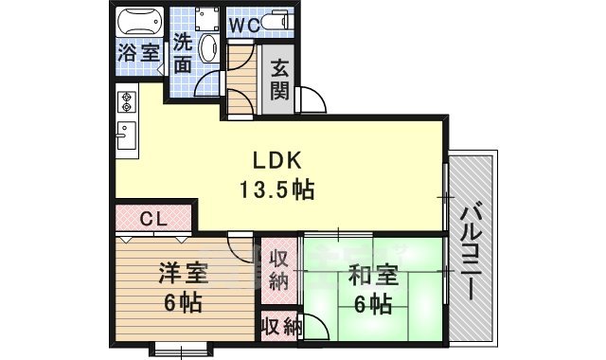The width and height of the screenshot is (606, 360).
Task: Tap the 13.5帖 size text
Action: click(x=276, y=189)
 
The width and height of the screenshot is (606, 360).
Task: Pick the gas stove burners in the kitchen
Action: click(x=126, y=101)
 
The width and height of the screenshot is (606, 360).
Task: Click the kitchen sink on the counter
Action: click(x=126, y=138)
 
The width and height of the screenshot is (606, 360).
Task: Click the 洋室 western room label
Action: click(x=182, y=276)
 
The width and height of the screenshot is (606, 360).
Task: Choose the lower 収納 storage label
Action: click(x=281, y=328)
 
